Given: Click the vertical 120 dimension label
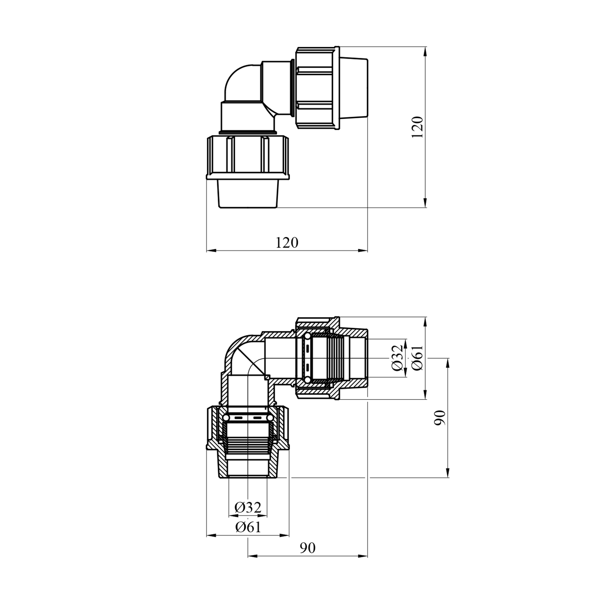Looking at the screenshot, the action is [x=417, y=127].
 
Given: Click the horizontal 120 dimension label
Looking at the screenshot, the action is [x=287, y=242].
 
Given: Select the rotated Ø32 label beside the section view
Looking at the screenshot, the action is [x=398, y=358].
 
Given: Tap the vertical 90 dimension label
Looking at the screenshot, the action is [x=440, y=418].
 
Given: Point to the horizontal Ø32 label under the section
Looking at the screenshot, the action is [x=248, y=507].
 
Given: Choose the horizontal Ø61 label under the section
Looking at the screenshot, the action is [x=248, y=527].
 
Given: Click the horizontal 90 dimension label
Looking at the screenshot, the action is [x=308, y=548].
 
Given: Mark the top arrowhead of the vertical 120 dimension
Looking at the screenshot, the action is [x=425, y=52].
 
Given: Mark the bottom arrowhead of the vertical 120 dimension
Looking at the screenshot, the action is [x=425, y=203].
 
